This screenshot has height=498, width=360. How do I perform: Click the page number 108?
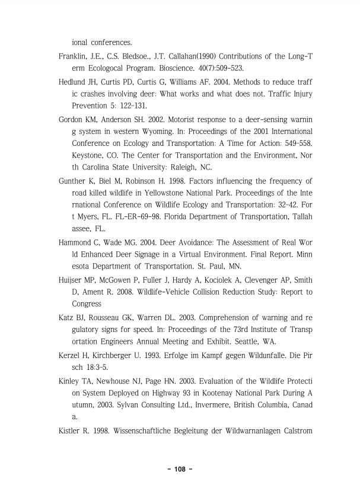click(x=180, y=469)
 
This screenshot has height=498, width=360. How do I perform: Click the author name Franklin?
click(x=73, y=56)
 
